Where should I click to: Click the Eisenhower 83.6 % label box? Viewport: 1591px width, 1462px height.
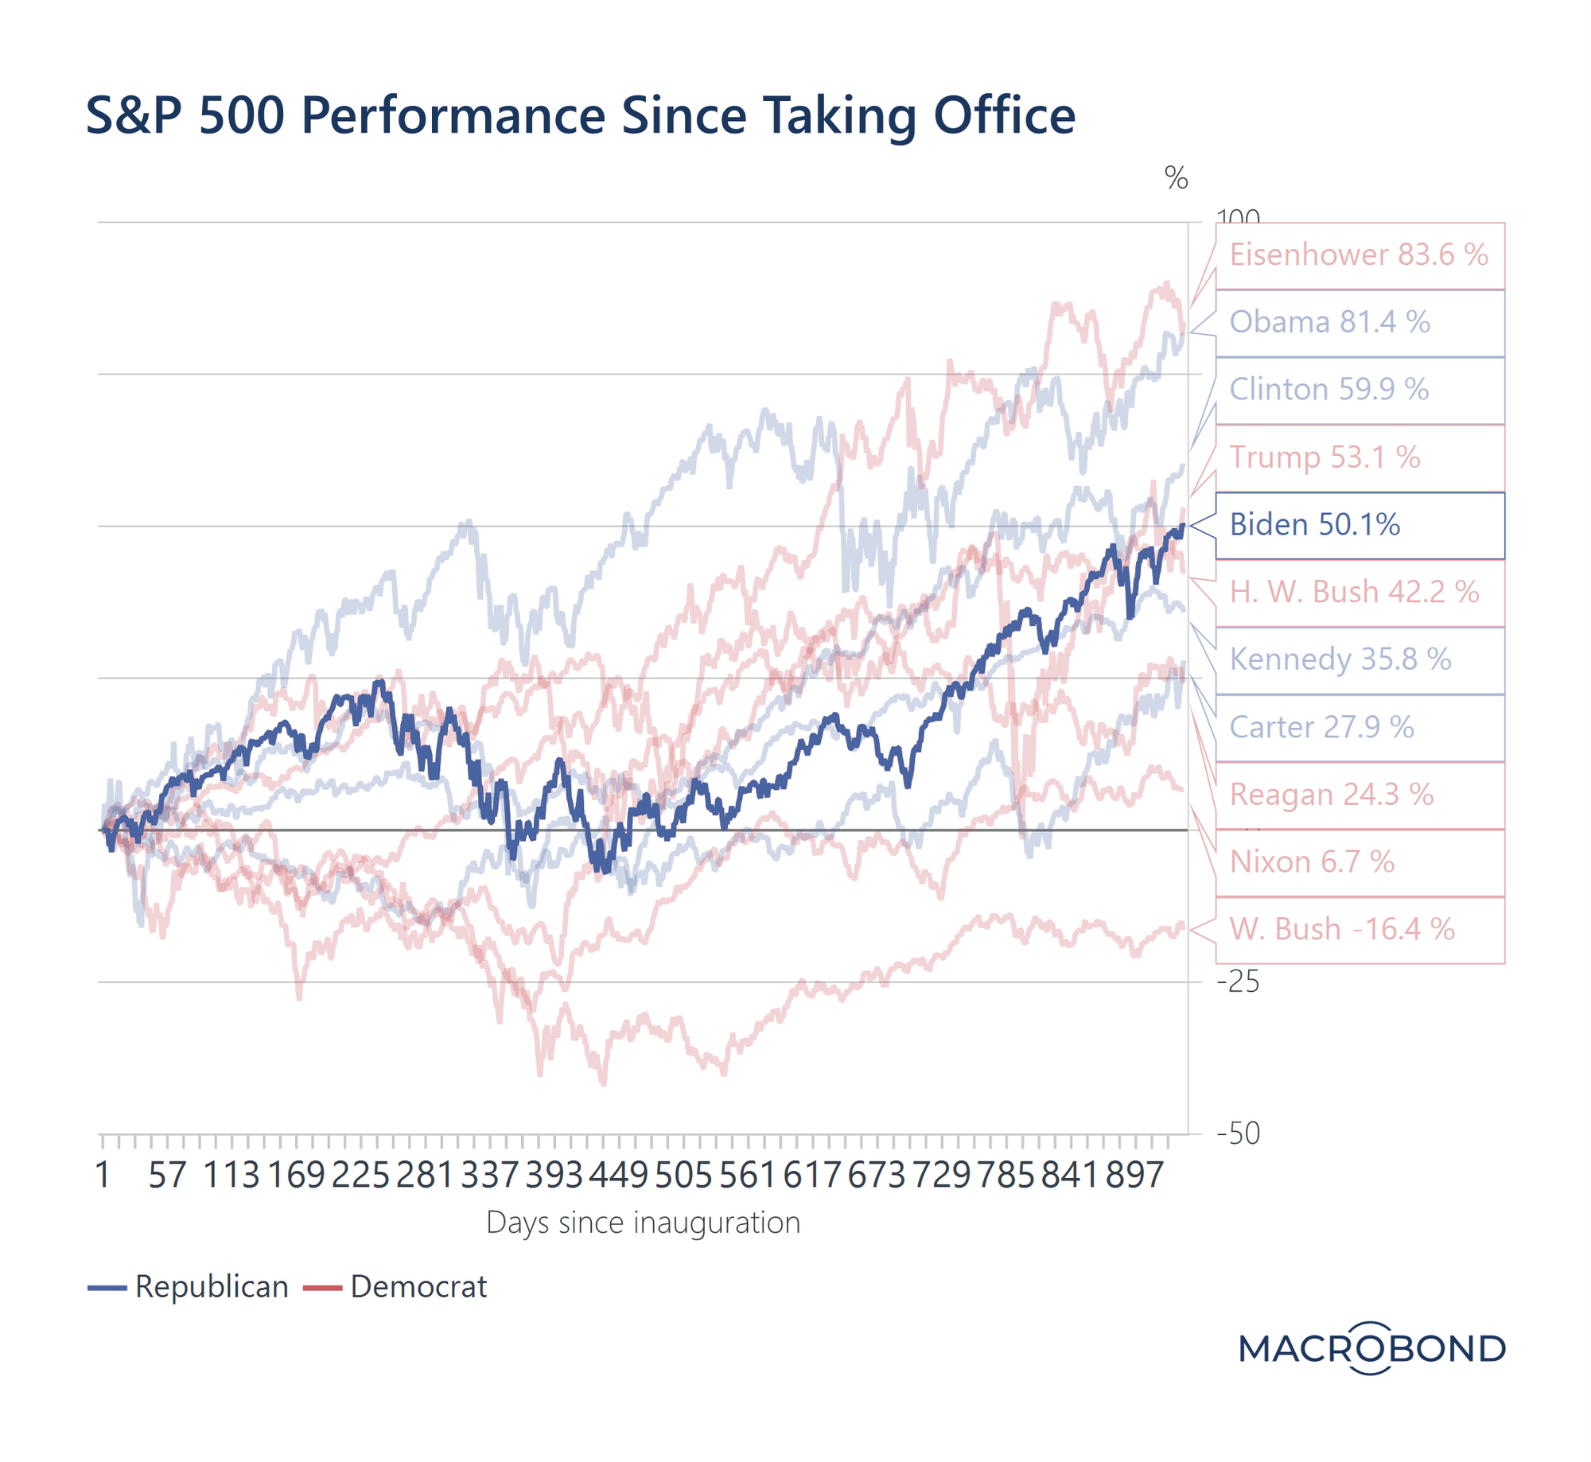coord(1359,255)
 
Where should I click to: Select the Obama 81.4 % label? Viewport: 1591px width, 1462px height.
coord(1359,323)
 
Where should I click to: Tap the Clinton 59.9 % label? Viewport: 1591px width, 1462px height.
coord(1359,390)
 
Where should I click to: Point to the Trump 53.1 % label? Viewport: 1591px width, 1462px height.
coord(1359,457)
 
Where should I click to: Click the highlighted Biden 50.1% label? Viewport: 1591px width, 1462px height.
coord(1359,525)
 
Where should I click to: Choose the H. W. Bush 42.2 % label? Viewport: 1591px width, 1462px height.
coord(1359,593)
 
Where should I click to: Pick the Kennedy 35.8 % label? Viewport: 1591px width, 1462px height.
coord(1359,659)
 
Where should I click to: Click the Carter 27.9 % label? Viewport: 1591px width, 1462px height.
coord(1359,727)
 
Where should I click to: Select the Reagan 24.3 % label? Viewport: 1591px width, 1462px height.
coord(1359,795)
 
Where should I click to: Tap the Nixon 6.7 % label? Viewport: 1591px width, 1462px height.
coord(1359,862)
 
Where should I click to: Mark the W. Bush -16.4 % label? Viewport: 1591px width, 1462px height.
coord(1359,929)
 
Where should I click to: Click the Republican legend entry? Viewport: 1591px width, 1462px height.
coord(189,1287)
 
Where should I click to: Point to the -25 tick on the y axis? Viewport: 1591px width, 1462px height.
coord(1238,982)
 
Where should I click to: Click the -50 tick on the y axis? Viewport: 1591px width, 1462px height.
coord(1238,1133)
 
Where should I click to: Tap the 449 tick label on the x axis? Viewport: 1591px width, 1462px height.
coord(618,1176)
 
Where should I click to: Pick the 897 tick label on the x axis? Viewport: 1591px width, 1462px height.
coord(1134,1176)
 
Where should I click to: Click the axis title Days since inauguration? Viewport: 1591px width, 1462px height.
coord(643,1223)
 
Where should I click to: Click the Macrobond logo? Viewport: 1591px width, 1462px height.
coord(1371,1348)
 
